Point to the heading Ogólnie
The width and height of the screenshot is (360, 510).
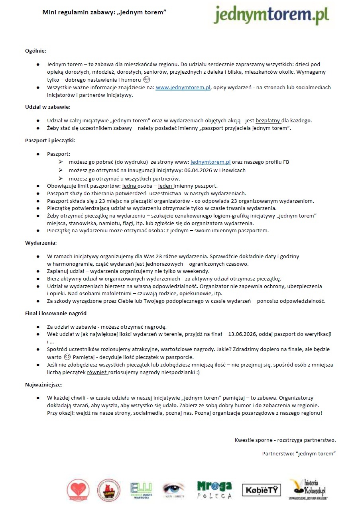35,51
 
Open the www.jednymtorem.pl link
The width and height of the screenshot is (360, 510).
183,88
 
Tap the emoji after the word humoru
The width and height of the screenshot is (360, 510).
146,80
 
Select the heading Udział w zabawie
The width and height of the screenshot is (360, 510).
48,107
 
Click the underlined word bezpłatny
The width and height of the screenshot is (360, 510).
268,120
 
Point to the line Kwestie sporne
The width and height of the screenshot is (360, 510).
285,440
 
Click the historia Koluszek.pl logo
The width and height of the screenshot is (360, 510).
308,489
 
